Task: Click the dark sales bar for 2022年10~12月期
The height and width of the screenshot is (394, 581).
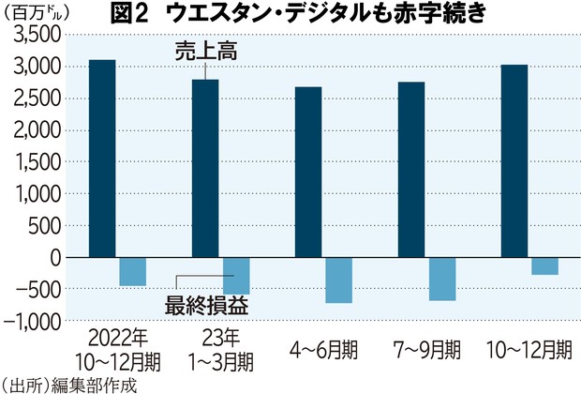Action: (x=102, y=158)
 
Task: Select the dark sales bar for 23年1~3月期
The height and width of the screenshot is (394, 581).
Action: (x=205, y=168)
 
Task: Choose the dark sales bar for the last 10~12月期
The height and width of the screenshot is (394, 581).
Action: (x=514, y=160)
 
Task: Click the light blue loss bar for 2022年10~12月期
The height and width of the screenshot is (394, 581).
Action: (x=133, y=271)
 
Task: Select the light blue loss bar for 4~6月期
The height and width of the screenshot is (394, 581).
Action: (x=338, y=280)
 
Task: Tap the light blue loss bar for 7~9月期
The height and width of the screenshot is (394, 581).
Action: (x=442, y=279)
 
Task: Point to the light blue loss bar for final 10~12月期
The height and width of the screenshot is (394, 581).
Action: (x=544, y=265)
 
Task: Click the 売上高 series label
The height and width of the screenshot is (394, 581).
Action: (x=205, y=53)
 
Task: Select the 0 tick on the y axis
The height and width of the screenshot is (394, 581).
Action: (x=53, y=257)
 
